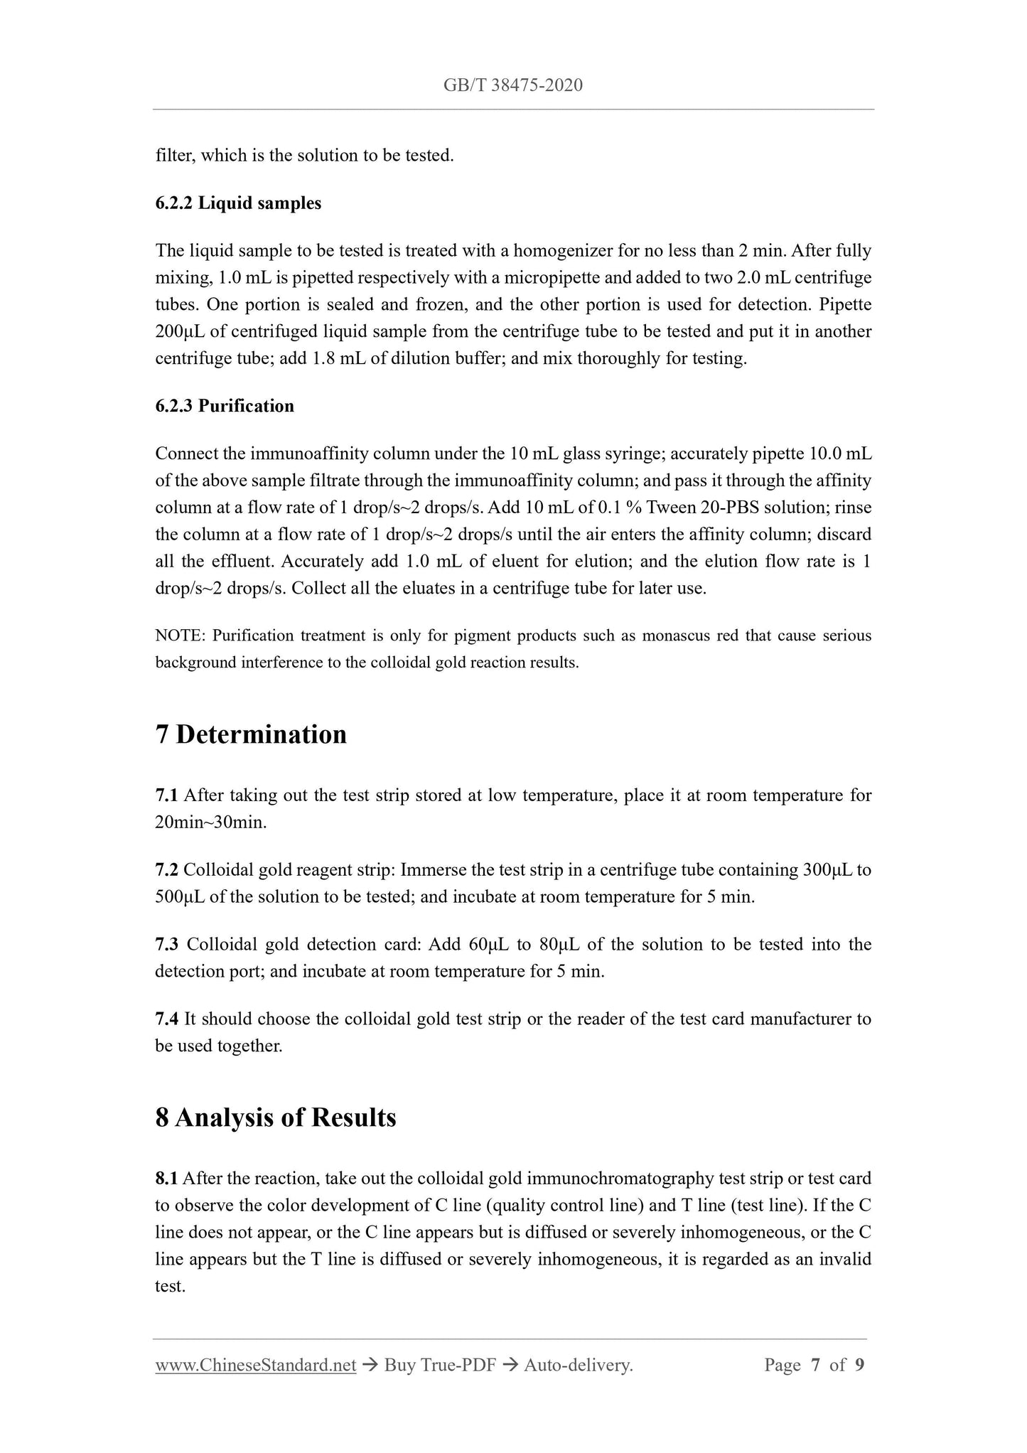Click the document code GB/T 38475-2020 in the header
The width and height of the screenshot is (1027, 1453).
[512, 86]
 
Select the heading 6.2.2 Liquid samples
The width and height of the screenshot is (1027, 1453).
[238, 203]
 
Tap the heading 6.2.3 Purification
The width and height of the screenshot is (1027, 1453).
[225, 406]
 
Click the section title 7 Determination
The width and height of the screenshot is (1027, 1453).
[251, 734]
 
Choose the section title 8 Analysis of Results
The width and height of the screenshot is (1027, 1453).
[276, 1117]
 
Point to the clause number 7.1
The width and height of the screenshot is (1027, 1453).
[166, 795]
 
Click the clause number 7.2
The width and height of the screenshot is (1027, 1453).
[166, 870]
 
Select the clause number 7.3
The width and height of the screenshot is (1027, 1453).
[166, 945]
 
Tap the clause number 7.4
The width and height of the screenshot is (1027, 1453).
[166, 1019]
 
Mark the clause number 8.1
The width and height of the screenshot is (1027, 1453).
[166, 1179]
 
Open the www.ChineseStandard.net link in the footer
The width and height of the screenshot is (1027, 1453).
[256, 1365]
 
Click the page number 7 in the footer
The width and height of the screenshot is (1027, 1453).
[815, 1365]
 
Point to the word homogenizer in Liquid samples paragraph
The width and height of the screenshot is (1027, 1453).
[564, 251]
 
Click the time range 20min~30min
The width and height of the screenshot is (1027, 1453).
[210, 822]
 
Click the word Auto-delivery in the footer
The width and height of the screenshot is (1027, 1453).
[577, 1365]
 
